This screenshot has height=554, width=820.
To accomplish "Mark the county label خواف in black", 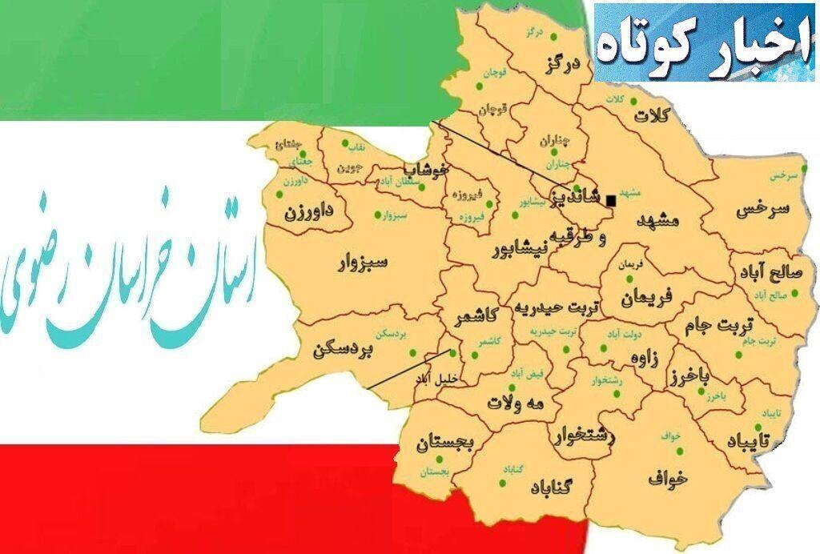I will (x=668, y=478).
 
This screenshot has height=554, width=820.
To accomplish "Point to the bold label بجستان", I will (x=445, y=444).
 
